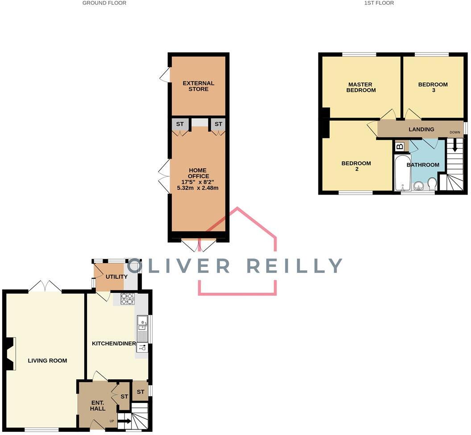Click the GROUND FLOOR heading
pyautogui.click(x=104, y=3)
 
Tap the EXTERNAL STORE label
pyautogui.click(x=198, y=86)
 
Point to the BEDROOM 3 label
pyautogui.click(x=433, y=87)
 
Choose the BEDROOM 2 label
pyautogui.click(x=356, y=166)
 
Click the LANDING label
pyautogui.click(x=421, y=130)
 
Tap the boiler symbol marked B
pyautogui.click(x=400, y=146)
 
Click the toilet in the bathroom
pyautogui.click(x=432, y=183)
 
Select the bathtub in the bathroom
pyautogui.click(x=402, y=173)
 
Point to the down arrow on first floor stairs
pyautogui.click(x=454, y=146)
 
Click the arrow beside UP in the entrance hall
pyautogui.click(x=124, y=421)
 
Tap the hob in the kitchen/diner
pyautogui.click(x=127, y=298)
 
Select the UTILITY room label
pyautogui.click(x=116, y=277)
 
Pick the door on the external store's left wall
pyautogui.click(x=165, y=75)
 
